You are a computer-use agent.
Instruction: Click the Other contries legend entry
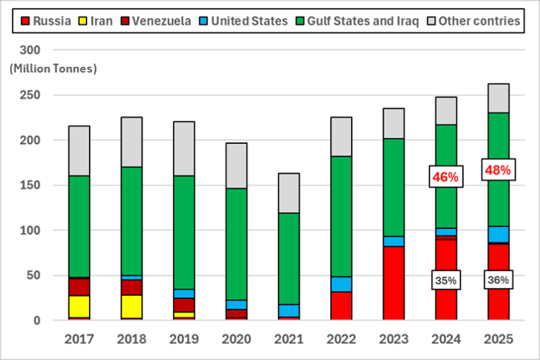coord(473,21)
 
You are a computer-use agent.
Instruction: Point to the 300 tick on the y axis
coord(49,51)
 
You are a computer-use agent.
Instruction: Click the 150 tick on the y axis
coord(49,185)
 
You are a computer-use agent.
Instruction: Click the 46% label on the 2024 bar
coord(446,177)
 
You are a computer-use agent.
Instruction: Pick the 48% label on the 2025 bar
coord(498,170)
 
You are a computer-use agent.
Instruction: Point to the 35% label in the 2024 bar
coord(446,280)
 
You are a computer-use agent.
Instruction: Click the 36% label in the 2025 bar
coord(498,280)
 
